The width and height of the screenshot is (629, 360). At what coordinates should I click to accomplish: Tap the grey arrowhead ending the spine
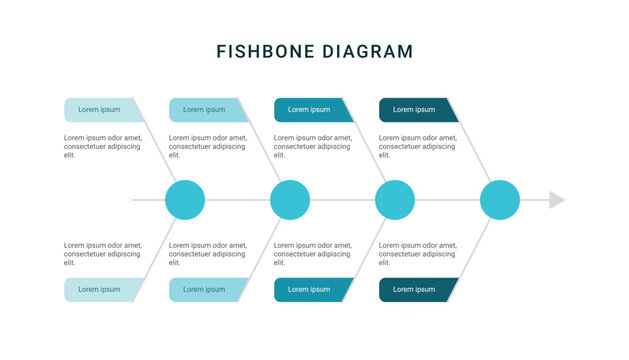pyautogui.click(x=557, y=200)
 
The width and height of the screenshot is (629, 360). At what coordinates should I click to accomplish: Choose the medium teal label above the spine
pyautogui.click(x=311, y=110)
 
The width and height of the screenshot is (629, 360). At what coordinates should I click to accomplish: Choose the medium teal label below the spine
pyautogui.click(x=311, y=290)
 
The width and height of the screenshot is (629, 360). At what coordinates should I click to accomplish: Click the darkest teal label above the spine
pyautogui.click(x=416, y=110)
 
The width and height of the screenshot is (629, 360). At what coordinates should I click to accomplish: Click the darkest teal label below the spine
pyautogui.click(x=416, y=290)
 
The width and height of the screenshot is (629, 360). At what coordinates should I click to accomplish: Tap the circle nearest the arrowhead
pyautogui.click(x=500, y=200)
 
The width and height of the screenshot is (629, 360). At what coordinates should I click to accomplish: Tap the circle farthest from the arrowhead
pyautogui.click(x=185, y=200)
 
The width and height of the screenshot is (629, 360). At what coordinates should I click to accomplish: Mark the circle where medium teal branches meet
pyautogui.click(x=395, y=200)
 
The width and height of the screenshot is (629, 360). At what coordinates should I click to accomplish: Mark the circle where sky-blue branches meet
pyautogui.click(x=290, y=200)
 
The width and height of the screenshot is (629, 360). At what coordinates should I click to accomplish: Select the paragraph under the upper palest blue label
pyautogui.click(x=102, y=146)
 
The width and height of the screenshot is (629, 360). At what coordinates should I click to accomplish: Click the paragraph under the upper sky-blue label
pyautogui.click(x=207, y=146)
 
